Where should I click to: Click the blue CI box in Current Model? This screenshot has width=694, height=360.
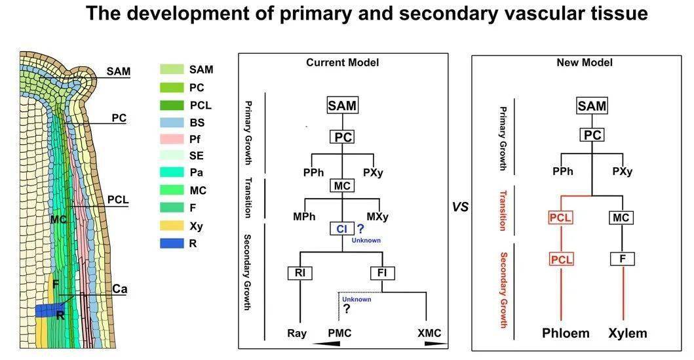coord(342,229)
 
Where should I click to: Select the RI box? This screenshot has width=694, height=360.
coord(300,273)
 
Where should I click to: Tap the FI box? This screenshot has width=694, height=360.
coord(383,273)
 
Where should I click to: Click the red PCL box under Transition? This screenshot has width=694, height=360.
coord(561,218)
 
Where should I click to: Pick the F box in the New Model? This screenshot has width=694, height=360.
coord(623,258)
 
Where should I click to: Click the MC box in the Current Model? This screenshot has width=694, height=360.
coord(342,186)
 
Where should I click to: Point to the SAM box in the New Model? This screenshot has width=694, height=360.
coord(592,106)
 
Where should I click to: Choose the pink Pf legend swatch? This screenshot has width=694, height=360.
coord(172,139)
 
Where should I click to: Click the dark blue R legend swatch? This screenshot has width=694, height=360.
coord(172,243)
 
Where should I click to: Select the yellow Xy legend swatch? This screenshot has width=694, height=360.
coord(172,226)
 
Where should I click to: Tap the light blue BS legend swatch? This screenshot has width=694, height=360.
coord(172,122)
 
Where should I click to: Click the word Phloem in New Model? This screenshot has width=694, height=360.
coord(566,333)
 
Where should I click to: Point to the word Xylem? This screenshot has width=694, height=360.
coord(628,333)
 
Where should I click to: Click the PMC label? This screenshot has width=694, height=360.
coord(339,333)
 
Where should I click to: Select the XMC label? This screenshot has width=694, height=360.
coord(429,333)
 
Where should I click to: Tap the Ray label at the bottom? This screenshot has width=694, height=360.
coord(297,333)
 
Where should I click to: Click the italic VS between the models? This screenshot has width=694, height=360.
coord(460,207)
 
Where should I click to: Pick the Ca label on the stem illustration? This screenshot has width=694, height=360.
coord(119,289)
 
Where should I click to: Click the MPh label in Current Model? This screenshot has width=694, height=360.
coord(304,216)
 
